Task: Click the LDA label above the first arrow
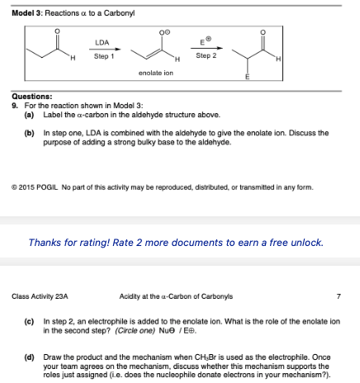pyautogui.click(x=103, y=41)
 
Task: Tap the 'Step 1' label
pyautogui.click(x=103, y=56)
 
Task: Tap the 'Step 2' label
pyautogui.click(x=206, y=56)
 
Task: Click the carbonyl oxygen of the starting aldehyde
pyautogui.click(x=55, y=33)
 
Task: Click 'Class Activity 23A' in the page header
pyautogui.click(x=40, y=296)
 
